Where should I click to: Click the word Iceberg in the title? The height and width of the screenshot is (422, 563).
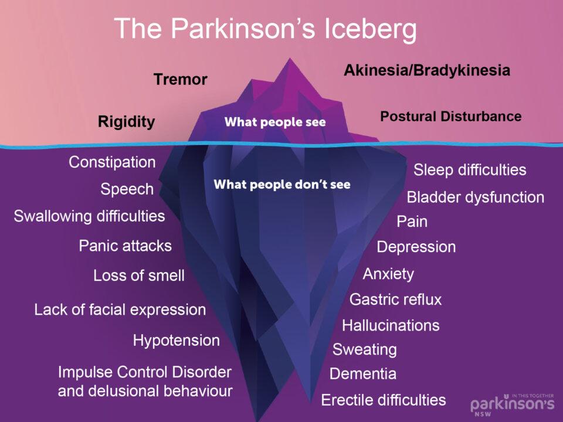370,29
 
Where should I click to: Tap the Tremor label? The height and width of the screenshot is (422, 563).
181,79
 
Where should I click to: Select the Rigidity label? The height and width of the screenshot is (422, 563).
127,122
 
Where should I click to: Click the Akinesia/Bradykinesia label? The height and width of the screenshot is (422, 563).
427,70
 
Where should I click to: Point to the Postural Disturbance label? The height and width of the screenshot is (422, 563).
450,116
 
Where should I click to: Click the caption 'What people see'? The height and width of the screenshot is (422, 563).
275,122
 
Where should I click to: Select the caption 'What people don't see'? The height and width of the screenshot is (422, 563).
282,184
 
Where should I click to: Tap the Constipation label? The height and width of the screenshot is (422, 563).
112,162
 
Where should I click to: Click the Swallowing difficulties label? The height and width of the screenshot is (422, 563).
89,216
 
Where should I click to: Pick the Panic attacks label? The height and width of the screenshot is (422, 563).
126,246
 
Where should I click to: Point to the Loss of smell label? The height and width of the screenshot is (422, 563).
139,275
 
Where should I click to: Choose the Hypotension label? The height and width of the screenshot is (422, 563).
177,341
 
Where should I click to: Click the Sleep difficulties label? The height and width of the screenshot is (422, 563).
470,170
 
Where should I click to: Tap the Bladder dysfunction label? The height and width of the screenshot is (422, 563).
476,198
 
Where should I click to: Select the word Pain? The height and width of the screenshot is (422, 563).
412,222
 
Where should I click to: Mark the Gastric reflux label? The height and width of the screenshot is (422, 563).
395,300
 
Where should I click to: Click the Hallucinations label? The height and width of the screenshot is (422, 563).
391,325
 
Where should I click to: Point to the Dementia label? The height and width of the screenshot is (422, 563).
363,373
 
